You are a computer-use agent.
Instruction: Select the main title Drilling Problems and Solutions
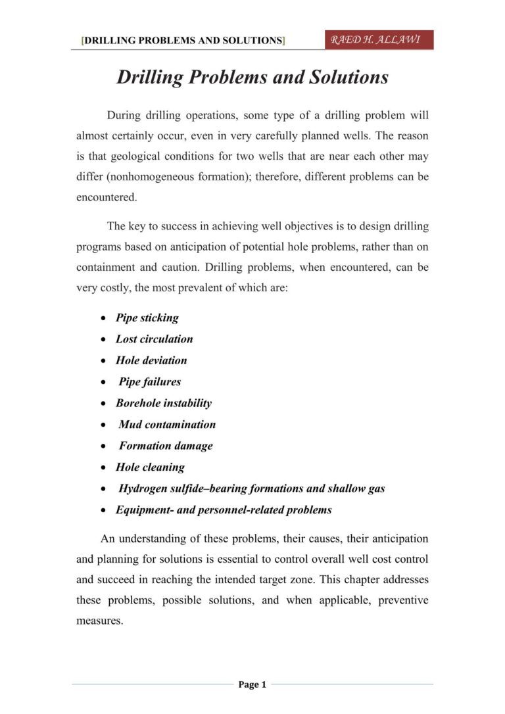click(x=252, y=78)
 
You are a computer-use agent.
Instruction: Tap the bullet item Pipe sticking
click(x=147, y=318)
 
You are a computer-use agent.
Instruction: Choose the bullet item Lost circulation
click(x=154, y=339)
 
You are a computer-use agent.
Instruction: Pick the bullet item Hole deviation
click(x=151, y=360)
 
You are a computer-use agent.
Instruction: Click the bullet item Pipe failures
click(x=149, y=381)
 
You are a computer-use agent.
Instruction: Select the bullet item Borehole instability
click(x=164, y=403)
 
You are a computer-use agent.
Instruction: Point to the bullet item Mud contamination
click(x=167, y=425)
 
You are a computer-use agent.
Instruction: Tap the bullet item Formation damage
click(x=166, y=446)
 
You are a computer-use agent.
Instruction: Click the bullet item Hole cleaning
click(x=150, y=467)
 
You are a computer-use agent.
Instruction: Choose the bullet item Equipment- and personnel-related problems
click(x=224, y=510)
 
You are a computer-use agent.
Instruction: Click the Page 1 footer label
click(x=252, y=685)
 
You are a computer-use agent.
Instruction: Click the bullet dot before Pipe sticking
click(x=104, y=318)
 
